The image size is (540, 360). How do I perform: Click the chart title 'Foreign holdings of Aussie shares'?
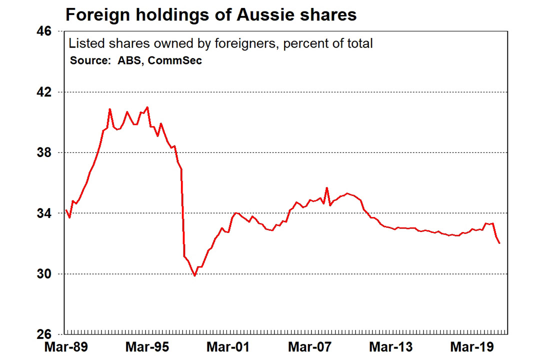point(211,14)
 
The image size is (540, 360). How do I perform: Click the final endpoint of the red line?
point(499,243)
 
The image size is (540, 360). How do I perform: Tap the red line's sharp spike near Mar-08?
point(326,188)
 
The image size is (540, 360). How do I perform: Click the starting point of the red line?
point(66,209)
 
